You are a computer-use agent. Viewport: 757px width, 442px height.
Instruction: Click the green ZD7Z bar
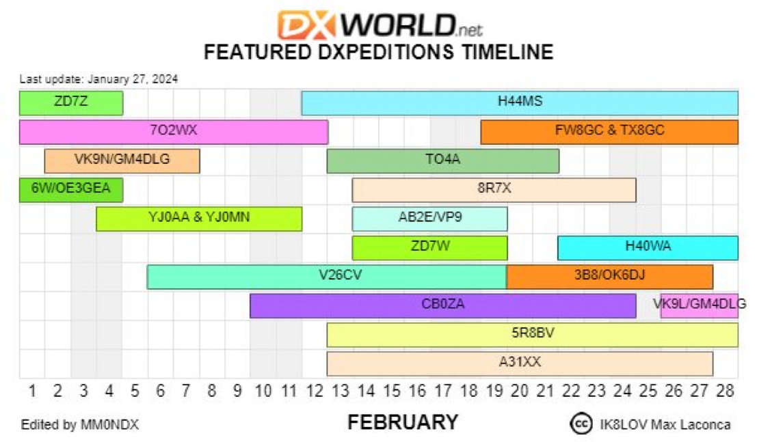tap(71, 102)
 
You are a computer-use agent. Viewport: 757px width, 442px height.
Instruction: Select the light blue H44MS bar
tap(520, 102)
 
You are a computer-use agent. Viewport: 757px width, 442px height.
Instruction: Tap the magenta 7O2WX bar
tap(174, 132)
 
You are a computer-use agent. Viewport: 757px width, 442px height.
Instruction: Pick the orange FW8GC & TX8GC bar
tap(609, 132)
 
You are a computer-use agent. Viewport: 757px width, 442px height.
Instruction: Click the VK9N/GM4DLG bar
tap(122, 161)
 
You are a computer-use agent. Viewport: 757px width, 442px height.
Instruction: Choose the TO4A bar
tap(443, 161)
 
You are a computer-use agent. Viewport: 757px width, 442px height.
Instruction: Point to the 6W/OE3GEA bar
tap(71, 190)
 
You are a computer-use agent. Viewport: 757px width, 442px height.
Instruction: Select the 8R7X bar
tap(494, 190)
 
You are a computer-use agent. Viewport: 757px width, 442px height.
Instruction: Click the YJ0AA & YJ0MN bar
tap(199, 219)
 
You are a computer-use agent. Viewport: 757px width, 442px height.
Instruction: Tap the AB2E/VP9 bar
tap(429, 219)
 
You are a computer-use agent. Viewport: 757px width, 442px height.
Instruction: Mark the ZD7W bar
tap(429, 247)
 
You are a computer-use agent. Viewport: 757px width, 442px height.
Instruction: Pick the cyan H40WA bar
tap(648, 247)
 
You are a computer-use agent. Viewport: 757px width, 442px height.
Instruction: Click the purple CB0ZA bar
tap(443, 305)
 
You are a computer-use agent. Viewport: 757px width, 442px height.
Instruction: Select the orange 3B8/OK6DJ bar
tap(610, 277)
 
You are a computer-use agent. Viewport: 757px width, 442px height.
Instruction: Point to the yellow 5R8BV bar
tap(533, 334)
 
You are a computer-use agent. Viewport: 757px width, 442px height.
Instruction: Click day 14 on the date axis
tap(366, 390)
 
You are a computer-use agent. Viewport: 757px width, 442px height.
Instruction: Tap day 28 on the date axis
tap(725, 390)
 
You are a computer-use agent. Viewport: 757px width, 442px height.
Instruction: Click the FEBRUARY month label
tap(403, 422)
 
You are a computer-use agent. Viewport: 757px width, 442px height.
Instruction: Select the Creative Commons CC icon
tap(581, 424)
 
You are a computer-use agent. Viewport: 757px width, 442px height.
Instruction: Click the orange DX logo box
tap(306, 25)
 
